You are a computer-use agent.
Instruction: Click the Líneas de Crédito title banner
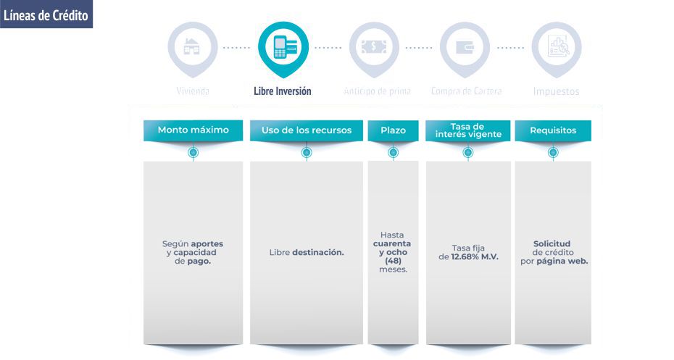(x=46, y=14)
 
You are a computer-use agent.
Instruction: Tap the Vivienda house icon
(x=192, y=48)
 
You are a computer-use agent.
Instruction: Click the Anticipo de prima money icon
(x=374, y=48)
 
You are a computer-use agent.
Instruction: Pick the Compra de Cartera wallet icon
(x=465, y=48)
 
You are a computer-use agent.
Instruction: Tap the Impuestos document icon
(x=556, y=48)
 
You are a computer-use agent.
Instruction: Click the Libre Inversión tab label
(x=283, y=91)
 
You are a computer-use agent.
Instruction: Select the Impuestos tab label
(x=556, y=92)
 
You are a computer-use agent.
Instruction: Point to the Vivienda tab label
(x=193, y=92)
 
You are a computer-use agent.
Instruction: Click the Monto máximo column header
(x=193, y=130)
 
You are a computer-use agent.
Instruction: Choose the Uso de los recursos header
(x=306, y=130)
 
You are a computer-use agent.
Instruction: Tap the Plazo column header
(x=393, y=130)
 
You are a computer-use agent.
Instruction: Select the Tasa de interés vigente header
(x=467, y=130)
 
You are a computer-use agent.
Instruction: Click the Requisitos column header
(x=553, y=130)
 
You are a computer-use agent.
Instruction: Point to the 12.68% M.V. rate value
(x=474, y=257)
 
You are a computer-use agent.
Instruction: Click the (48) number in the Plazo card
(x=393, y=261)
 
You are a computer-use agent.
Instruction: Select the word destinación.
(x=318, y=253)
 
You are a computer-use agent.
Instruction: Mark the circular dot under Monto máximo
(x=193, y=153)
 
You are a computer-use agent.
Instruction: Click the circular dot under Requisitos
(x=553, y=153)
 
